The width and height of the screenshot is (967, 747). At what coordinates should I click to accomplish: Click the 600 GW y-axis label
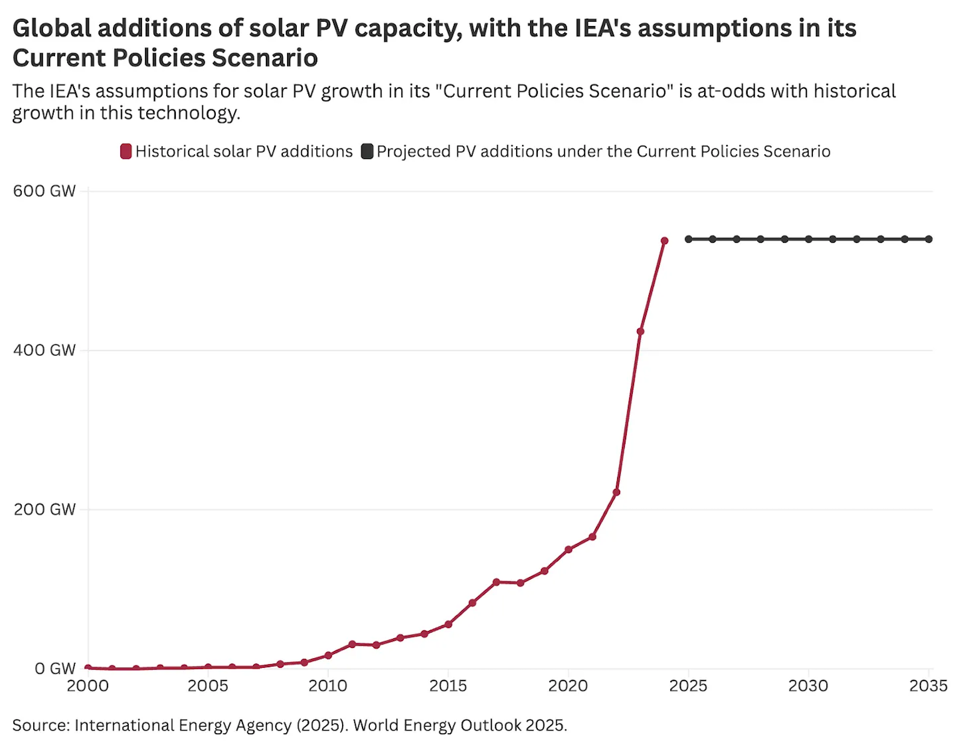(x=44, y=191)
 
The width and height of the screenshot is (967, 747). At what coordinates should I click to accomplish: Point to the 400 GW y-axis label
(x=44, y=350)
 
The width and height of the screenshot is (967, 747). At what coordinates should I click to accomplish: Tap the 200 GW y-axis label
(x=44, y=509)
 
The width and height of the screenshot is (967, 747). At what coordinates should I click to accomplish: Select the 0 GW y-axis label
(x=54, y=668)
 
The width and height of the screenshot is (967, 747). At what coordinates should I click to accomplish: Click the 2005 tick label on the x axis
(x=208, y=686)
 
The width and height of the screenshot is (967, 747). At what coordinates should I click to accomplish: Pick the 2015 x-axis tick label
(x=448, y=686)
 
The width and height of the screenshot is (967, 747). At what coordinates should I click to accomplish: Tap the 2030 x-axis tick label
(x=808, y=686)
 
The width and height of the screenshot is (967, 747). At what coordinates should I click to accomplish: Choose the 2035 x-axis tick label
(x=928, y=686)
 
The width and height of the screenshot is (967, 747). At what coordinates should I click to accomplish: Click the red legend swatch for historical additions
(x=126, y=151)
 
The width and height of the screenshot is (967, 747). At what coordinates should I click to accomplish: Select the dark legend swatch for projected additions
(x=367, y=151)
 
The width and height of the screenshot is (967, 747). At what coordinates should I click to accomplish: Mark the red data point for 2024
(x=664, y=241)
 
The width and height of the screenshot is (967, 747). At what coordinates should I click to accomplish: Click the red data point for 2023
(x=640, y=331)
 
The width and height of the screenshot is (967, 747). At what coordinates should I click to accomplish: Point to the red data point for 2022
(x=616, y=492)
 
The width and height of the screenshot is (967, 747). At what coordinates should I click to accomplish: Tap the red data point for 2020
(x=568, y=549)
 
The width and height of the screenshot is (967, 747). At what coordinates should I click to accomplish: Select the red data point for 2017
(x=496, y=582)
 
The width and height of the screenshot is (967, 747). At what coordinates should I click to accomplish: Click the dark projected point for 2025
(x=688, y=239)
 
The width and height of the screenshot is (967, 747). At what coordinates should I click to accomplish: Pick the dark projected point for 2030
(x=809, y=239)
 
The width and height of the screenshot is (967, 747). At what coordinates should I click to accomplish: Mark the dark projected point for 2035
(x=929, y=239)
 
